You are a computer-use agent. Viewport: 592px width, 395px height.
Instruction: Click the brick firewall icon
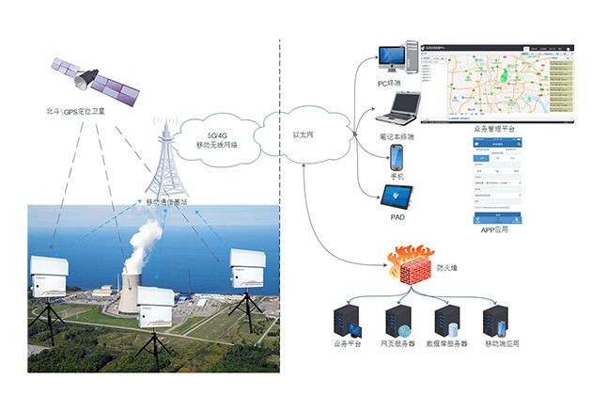(410, 267)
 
